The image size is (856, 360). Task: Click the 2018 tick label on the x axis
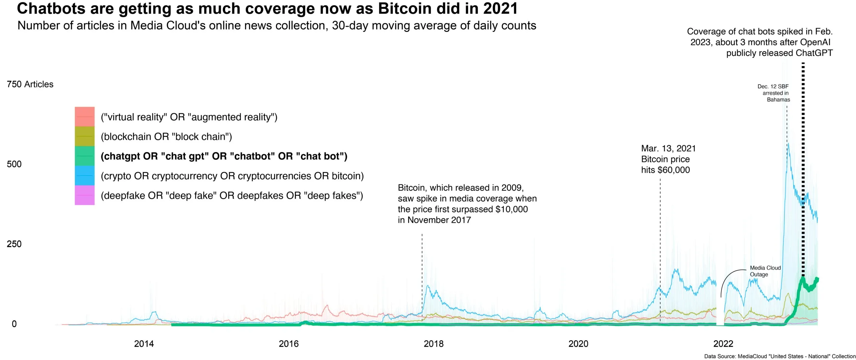coord(433,344)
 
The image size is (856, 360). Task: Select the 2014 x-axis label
coord(144,344)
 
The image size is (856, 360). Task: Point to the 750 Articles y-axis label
coord(30,84)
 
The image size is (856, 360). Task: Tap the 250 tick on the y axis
coord(14,244)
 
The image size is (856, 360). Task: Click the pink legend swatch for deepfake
coord(85,195)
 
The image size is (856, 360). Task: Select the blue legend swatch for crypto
coord(85,175)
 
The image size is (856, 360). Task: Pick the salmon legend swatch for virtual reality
coord(85,117)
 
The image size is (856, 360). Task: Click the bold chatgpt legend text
coord(224,156)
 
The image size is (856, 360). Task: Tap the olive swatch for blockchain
coord(85,136)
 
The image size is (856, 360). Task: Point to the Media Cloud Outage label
coord(765,271)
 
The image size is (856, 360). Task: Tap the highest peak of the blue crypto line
coord(788,144)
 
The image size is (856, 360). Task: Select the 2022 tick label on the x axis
coord(723,344)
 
